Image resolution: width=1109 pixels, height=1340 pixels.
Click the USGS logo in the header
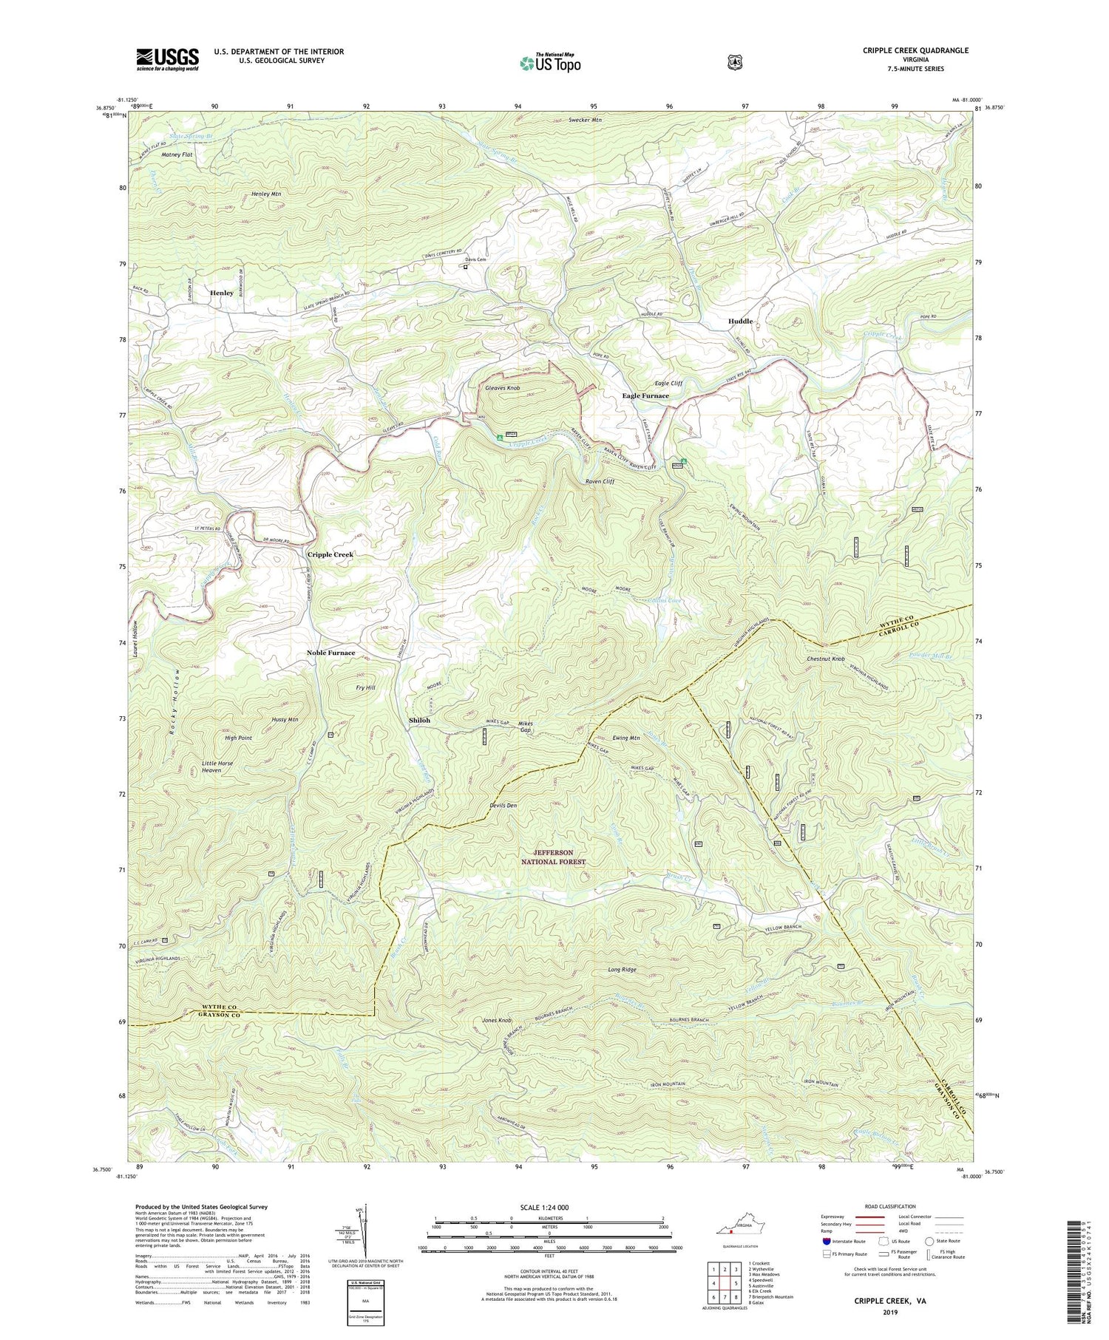point(167,59)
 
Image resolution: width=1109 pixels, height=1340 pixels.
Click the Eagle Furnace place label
point(645,396)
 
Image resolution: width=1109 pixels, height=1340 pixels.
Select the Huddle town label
point(740,322)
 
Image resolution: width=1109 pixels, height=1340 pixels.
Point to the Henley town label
point(221,293)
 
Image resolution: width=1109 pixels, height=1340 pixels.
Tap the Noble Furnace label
point(331,653)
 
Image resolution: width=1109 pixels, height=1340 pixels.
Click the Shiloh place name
point(419,720)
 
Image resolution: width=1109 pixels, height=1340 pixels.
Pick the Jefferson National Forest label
point(553,857)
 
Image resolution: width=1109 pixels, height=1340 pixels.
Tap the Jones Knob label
point(497,1021)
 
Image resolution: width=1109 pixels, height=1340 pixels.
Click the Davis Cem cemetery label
point(475,259)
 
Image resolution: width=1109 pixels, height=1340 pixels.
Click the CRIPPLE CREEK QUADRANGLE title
point(915,50)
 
